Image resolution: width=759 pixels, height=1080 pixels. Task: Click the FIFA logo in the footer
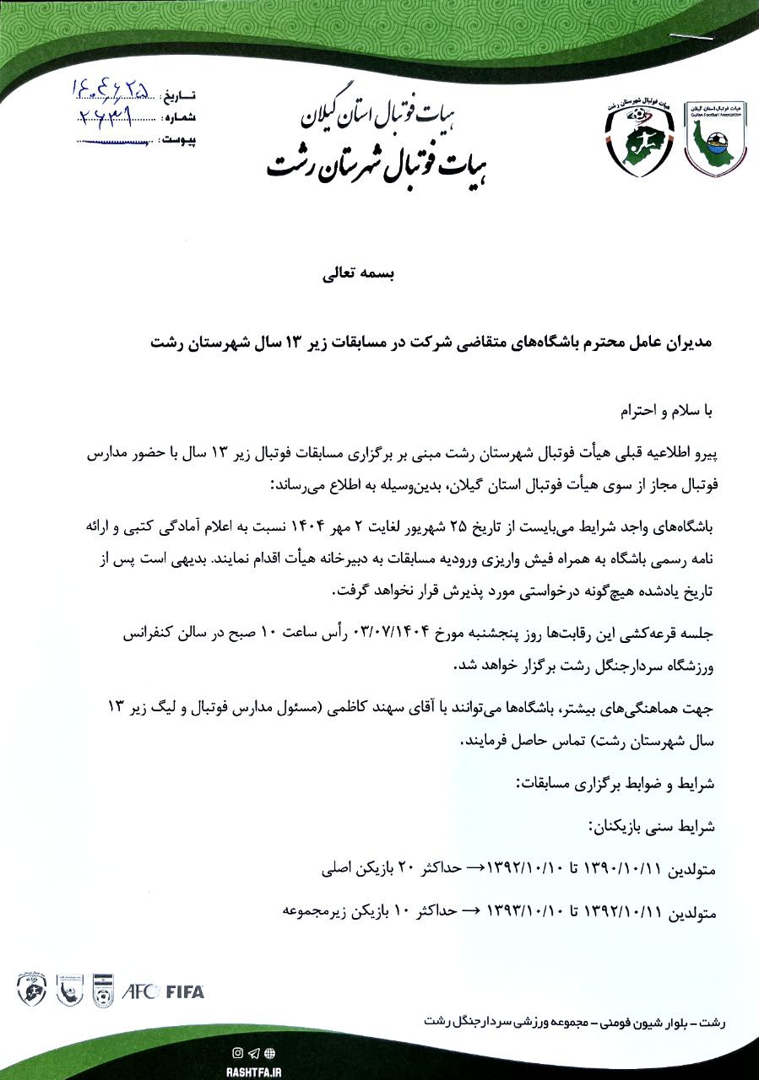point(184,991)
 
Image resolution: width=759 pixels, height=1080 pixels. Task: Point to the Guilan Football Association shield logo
point(714,136)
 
